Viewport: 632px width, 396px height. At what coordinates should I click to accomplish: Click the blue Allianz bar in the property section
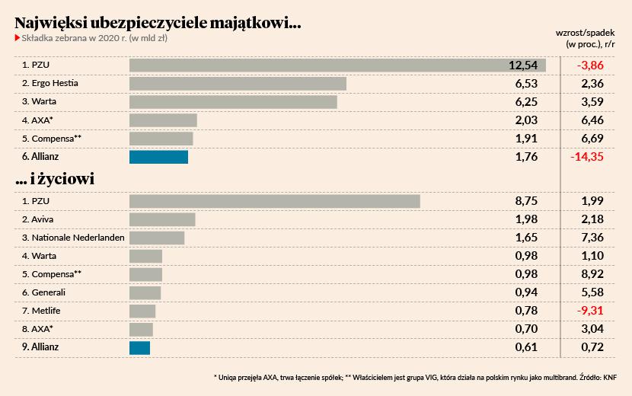[158, 157]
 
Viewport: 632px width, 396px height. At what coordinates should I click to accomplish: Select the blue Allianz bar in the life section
[139, 347]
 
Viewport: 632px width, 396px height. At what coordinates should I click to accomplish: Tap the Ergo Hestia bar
[238, 83]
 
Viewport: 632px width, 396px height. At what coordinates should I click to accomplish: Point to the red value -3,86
[590, 65]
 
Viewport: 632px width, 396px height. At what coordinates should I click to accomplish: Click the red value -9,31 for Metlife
[590, 311]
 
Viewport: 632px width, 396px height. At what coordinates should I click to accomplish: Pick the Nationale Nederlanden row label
[73, 238]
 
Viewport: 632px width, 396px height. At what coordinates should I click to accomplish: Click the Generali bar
[145, 292]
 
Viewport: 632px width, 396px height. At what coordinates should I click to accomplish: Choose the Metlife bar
[142, 311]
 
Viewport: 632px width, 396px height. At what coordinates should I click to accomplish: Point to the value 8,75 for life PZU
[526, 201]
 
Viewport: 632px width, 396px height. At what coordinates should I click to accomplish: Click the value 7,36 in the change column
[592, 238]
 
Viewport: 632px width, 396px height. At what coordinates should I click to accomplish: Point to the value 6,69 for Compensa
[592, 139]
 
